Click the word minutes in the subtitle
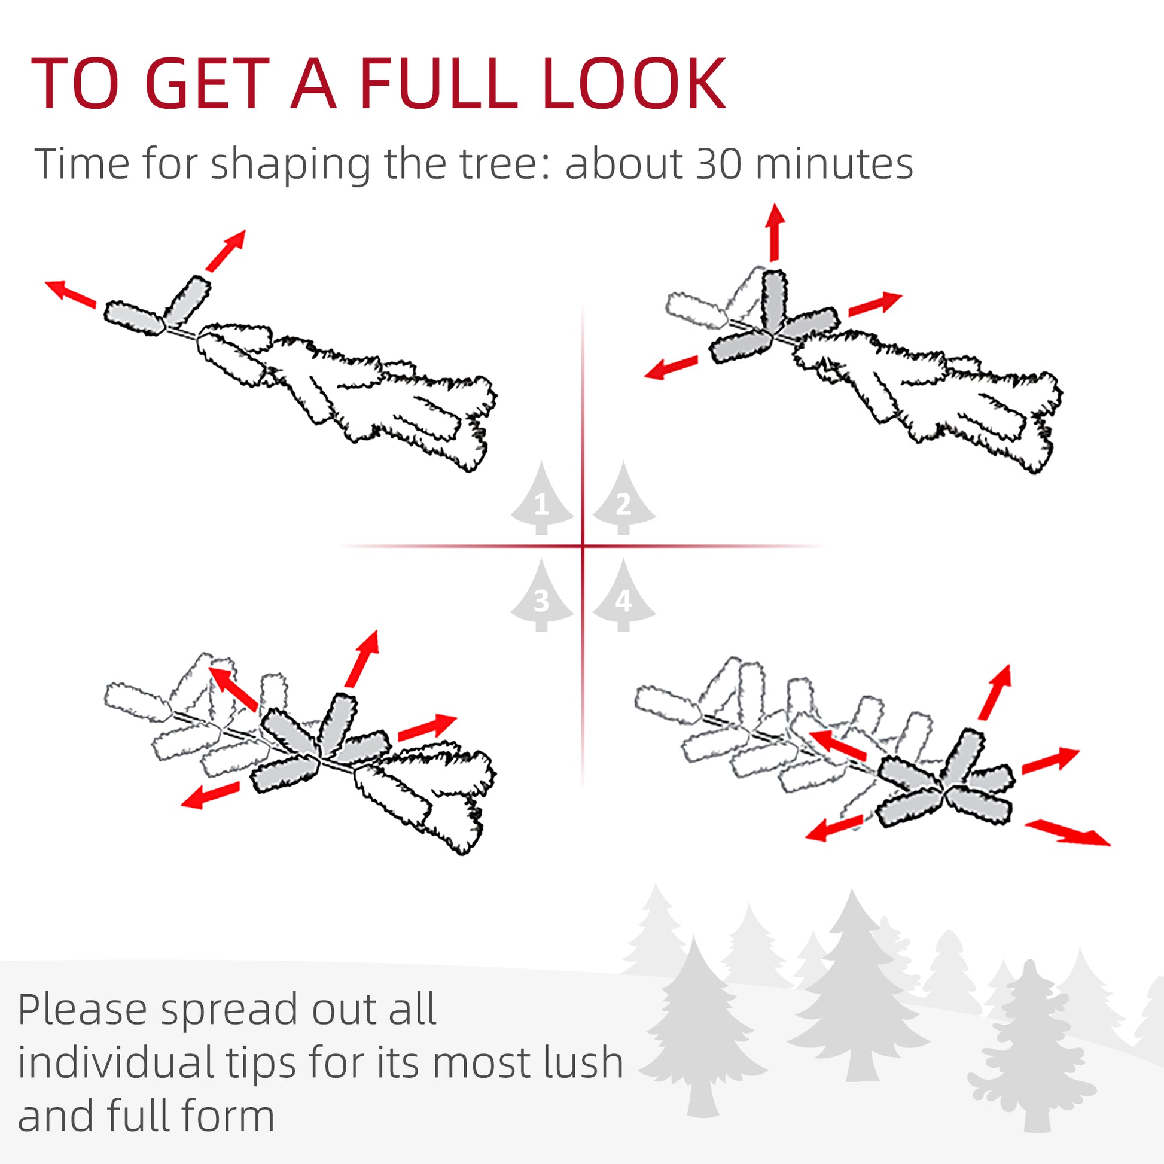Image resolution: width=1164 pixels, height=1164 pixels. (x=834, y=163)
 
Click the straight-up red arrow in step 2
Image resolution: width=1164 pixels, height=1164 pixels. (x=775, y=232)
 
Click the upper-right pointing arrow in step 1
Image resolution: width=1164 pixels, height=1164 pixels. (x=226, y=250)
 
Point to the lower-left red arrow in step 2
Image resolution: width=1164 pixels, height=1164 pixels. (x=671, y=367)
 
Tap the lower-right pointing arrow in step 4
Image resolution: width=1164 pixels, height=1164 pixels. (x=1067, y=833)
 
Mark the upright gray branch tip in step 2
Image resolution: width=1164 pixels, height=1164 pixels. (x=774, y=298)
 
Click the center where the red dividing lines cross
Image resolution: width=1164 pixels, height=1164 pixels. (x=583, y=546)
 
